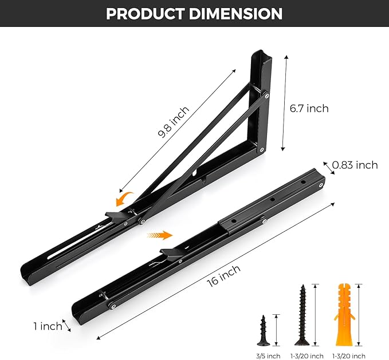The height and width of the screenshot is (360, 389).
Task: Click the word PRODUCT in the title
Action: point(146,14)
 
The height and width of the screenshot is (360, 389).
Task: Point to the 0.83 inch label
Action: point(355,165)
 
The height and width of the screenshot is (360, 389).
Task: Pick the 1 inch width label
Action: point(48,326)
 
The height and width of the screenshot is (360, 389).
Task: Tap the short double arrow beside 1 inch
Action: point(66,325)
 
